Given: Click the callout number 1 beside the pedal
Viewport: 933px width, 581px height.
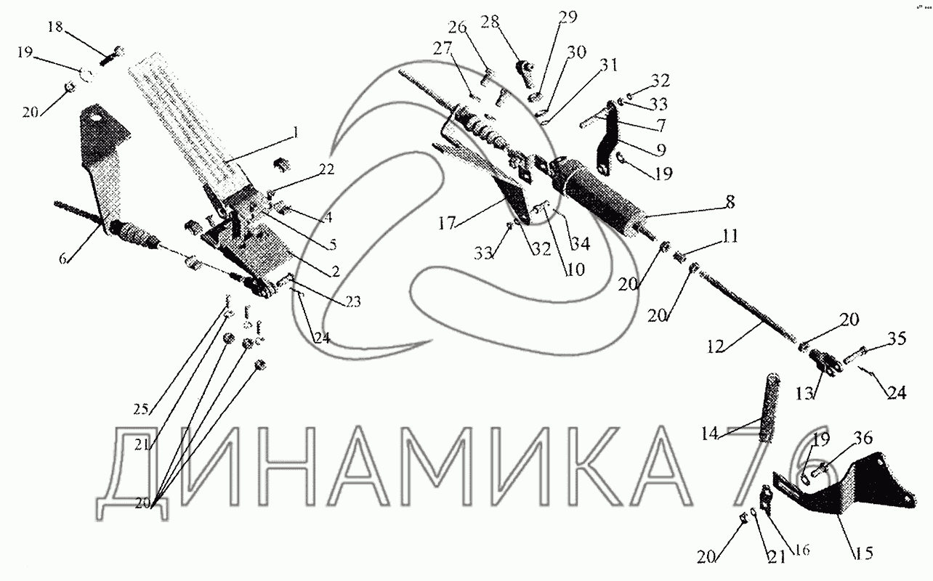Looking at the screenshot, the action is click(295, 133).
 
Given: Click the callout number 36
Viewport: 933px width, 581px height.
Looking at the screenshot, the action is click(863, 437).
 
